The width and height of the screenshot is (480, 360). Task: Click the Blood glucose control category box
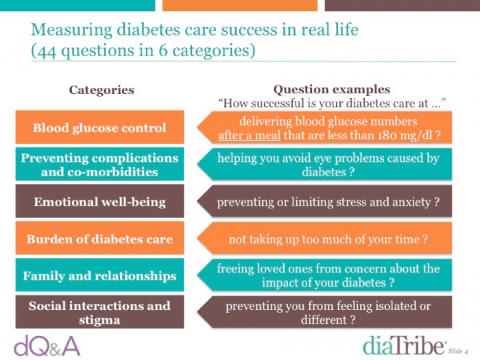[x=100, y=127]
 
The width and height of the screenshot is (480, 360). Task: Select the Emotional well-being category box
[x=100, y=201]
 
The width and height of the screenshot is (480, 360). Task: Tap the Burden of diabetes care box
[x=100, y=238]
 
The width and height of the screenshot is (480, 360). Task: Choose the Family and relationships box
[x=100, y=275]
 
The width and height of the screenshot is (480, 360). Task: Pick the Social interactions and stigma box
[x=100, y=312]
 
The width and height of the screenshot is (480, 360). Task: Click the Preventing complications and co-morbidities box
[x=100, y=164]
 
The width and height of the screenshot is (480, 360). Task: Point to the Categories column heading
[x=101, y=90]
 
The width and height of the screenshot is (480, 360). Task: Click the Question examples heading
[x=331, y=89]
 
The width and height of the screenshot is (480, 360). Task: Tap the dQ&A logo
[x=47, y=346]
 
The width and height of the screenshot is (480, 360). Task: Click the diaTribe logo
[x=404, y=346]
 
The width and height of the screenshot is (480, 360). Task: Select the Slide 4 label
[x=458, y=351]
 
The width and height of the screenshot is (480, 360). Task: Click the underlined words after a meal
[x=250, y=135]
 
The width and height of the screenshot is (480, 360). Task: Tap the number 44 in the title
[x=47, y=51]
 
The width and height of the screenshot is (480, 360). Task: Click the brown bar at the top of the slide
[x=403, y=5]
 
